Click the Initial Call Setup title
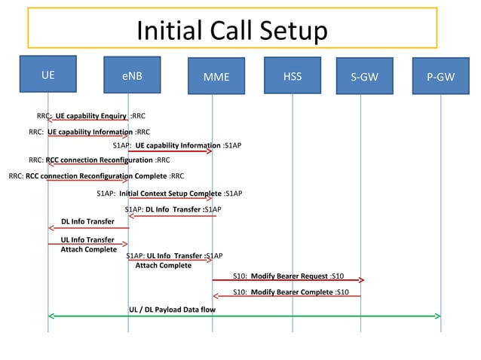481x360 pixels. [x=232, y=32]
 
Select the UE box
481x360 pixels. [x=48, y=75]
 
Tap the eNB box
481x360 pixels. [x=131, y=76]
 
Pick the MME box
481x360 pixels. [x=216, y=77]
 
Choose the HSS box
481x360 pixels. [x=293, y=75]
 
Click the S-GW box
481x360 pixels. [x=365, y=77]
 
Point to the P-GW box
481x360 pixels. [x=441, y=77]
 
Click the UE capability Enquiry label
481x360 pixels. [x=91, y=116]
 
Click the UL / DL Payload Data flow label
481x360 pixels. [x=173, y=310]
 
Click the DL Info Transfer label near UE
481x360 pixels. [x=87, y=221]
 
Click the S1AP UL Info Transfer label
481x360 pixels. [x=174, y=256]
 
